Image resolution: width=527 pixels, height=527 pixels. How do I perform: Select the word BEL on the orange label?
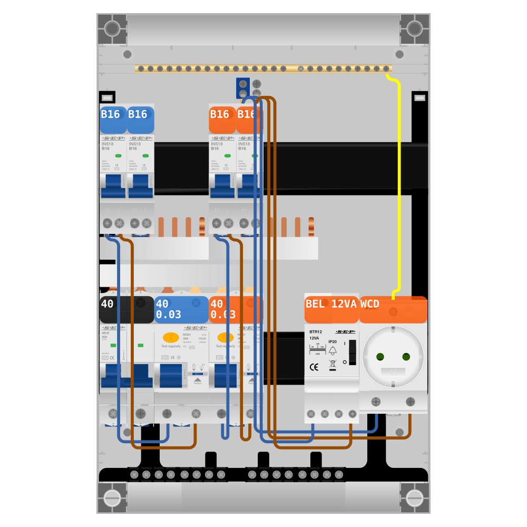click(315, 304)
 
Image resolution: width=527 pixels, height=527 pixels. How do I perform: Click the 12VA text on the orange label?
click(344, 304)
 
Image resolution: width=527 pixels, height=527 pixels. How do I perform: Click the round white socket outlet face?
click(393, 357)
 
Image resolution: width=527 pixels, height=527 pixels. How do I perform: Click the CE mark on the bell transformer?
click(314, 367)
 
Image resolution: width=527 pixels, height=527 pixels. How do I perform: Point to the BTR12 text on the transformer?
click(316, 332)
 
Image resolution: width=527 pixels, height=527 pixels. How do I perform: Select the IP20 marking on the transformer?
click(333, 341)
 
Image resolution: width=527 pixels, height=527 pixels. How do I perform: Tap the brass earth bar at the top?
click(263, 69)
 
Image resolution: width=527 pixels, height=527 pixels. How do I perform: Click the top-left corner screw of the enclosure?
click(112, 28)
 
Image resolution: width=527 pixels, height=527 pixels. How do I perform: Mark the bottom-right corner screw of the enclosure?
click(415, 497)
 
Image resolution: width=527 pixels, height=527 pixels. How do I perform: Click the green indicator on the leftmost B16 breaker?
click(118, 155)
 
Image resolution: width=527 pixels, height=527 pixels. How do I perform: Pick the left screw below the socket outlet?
click(376, 402)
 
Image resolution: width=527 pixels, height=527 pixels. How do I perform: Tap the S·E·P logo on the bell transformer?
click(345, 332)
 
